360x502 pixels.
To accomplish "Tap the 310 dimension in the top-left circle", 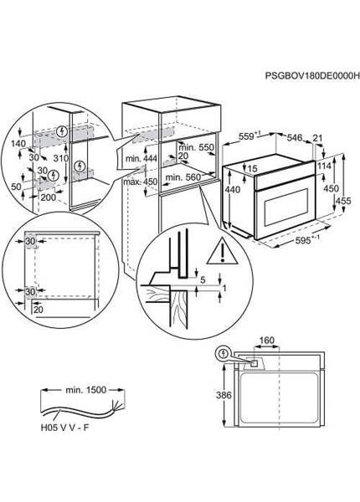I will pyautogui.click(x=60, y=158).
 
